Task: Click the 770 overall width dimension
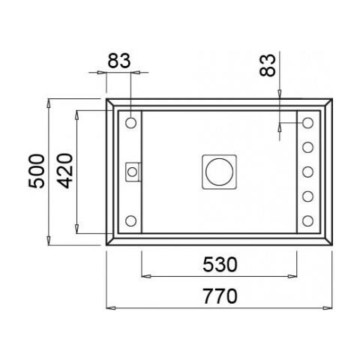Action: point(220,296)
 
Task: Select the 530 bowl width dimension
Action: point(220,265)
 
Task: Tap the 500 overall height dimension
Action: point(37,171)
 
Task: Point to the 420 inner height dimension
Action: point(64,171)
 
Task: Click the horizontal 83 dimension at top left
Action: point(119,61)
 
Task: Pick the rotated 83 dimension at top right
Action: point(267,65)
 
